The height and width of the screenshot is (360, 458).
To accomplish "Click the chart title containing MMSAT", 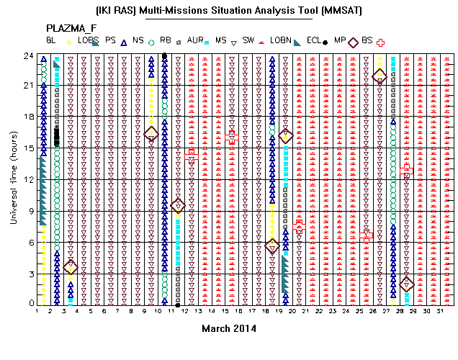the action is pyautogui.click(x=229, y=11).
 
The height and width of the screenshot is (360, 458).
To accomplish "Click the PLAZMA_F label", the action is pyautogui.click(x=71, y=28).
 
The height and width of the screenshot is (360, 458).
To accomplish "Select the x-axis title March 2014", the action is pyautogui.click(x=229, y=329).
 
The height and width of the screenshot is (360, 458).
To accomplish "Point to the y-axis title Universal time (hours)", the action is pyautogui.click(x=14, y=178).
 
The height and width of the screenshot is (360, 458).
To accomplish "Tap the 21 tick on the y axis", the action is pyautogui.click(x=29, y=86).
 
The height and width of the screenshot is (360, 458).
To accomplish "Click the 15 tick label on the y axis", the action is pyautogui.click(x=29, y=148).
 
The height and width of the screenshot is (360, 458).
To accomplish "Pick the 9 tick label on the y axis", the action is pyautogui.click(x=31, y=211).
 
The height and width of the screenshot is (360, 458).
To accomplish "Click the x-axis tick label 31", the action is pyautogui.click(x=440, y=311).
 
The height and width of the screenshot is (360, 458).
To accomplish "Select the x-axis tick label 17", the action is pyautogui.click(x=252, y=311).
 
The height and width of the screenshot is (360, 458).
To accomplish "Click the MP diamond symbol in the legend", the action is pyautogui.click(x=353, y=42).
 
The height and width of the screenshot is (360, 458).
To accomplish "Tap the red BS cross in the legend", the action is pyautogui.click(x=380, y=43).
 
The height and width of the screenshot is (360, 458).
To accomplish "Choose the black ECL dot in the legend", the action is pyautogui.click(x=325, y=42).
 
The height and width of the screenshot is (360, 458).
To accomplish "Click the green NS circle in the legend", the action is pyautogui.click(x=151, y=43).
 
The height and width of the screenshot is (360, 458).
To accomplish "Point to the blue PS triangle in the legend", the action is pyautogui.click(x=124, y=43).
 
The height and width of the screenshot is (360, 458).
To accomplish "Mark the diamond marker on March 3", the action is pyautogui.click(x=71, y=267).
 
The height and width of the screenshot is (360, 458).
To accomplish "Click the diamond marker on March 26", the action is pyautogui.click(x=380, y=76).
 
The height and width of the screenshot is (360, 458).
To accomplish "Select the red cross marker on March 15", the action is pyautogui.click(x=232, y=138).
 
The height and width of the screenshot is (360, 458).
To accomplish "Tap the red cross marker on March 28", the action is pyautogui.click(x=407, y=171).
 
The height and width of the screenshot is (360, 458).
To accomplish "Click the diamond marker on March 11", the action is pyautogui.click(x=178, y=205).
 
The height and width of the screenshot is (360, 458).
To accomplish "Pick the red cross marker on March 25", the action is pyautogui.click(x=367, y=235).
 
